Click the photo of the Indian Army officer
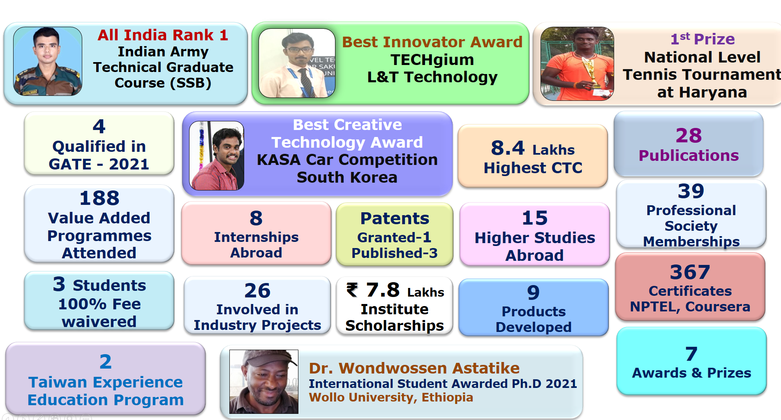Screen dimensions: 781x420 48,61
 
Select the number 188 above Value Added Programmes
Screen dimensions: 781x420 99,198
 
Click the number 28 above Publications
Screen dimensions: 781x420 689,135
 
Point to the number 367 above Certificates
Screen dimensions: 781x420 690,272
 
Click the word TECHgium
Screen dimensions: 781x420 432,60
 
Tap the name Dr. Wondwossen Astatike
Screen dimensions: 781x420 414,368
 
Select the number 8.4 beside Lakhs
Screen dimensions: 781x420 508,148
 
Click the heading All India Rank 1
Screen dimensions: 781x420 163,35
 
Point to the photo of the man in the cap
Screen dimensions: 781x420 264,382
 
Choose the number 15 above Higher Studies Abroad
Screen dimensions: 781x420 535,218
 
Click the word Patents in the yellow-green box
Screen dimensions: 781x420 395,218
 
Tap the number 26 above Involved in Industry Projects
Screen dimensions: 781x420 257,291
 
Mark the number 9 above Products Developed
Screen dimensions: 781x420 534,292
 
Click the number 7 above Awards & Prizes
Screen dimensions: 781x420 691,354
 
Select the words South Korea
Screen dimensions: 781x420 347,177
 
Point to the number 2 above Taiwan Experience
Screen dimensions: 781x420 106,362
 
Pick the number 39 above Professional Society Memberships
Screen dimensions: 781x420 691,191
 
